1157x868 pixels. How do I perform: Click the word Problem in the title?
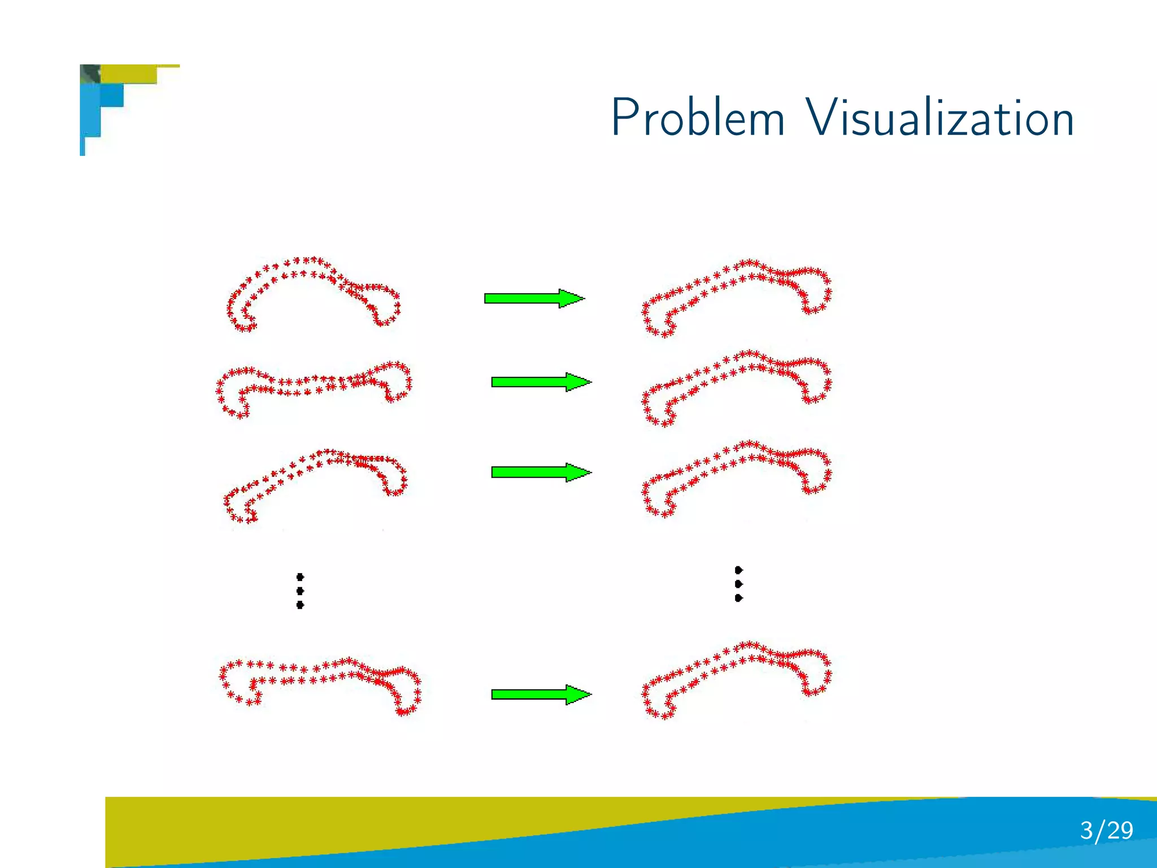coord(698,118)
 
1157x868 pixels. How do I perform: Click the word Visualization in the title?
coord(939,118)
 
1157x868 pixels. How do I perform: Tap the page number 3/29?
coord(1106,831)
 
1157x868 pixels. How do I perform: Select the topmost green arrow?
coord(534,298)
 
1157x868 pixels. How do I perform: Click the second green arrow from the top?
coord(541,382)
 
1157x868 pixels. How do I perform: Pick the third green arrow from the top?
coord(541,472)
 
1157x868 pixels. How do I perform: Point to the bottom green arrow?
coord(541,695)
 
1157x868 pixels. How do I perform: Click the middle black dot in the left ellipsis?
coord(300,591)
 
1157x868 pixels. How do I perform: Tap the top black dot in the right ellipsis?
coord(738,570)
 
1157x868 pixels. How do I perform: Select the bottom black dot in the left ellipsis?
coord(300,605)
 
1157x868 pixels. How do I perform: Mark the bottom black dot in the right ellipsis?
coord(738,598)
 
